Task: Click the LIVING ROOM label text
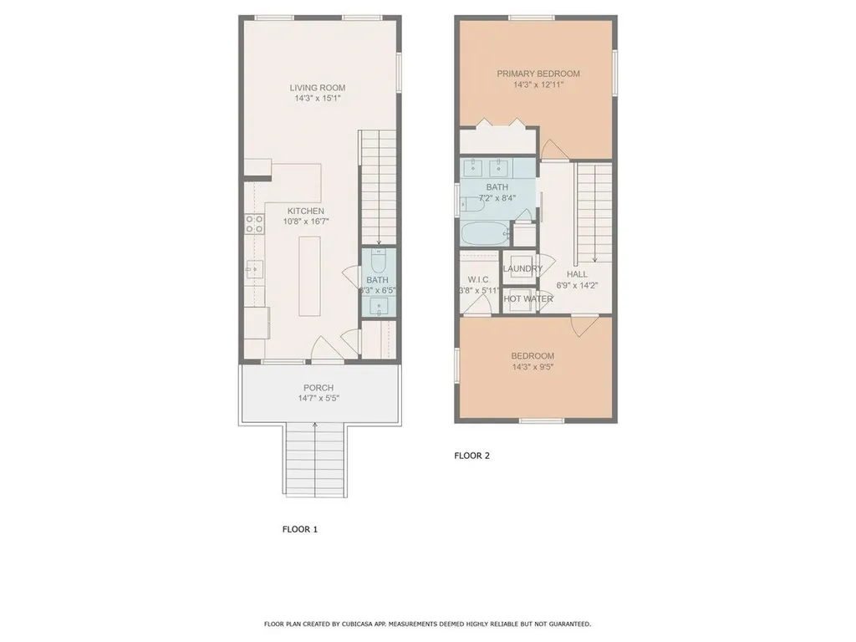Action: coord(317,88)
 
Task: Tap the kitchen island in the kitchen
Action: coord(310,276)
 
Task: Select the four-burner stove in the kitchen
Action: coord(254,224)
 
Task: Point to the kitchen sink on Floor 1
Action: coord(255,269)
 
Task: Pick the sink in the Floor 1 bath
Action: coord(379,306)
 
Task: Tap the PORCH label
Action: coord(318,388)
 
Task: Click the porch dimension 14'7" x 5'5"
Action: coord(318,399)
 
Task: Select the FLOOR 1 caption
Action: coord(300,529)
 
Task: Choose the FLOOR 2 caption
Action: coord(471,456)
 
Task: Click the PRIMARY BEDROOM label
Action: coord(538,74)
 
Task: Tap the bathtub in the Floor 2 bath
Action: coord(483,233)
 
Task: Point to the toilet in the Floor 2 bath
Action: coord(467,203)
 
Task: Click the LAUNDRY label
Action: coord(522,268)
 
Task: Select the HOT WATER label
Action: coord(527,298)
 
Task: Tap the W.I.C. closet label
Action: coord(478,279)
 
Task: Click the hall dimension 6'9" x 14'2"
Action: coord(577,285)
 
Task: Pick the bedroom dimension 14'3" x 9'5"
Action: coord(533,366)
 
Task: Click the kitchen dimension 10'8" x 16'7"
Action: coord(305,222)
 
